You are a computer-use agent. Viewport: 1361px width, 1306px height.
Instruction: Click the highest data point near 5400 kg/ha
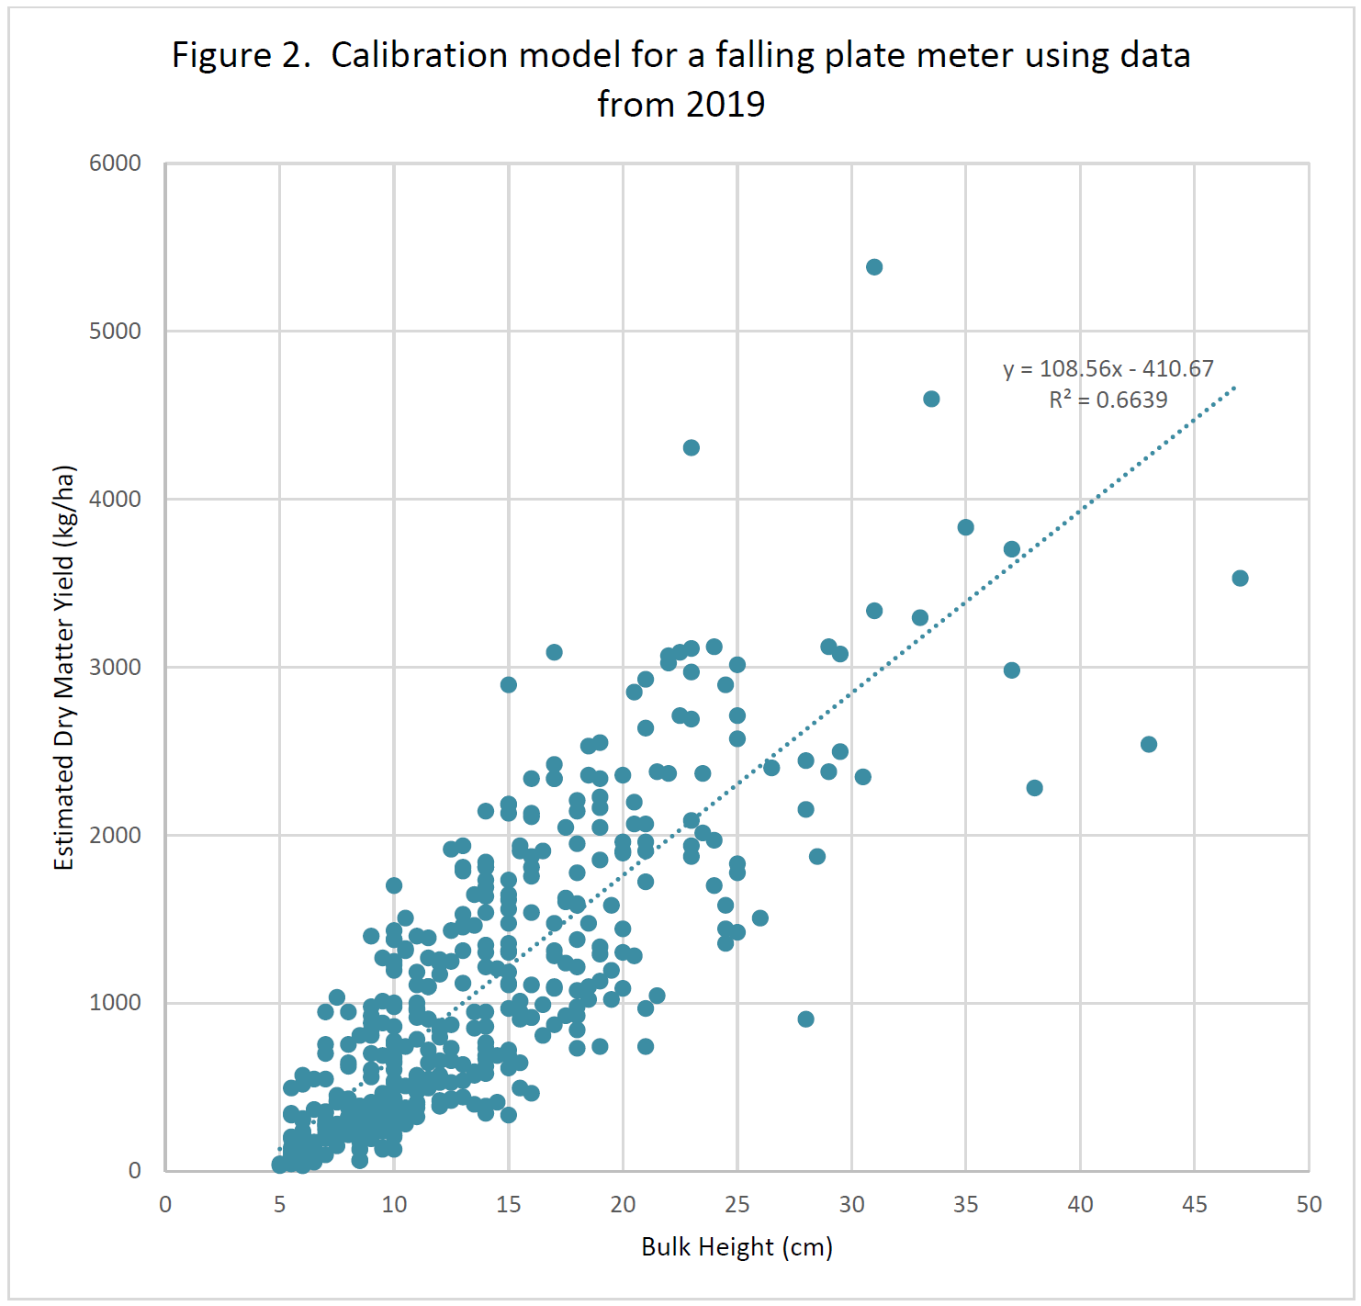[874, 267]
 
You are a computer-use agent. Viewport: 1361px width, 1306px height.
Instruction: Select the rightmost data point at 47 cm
[1240, 578]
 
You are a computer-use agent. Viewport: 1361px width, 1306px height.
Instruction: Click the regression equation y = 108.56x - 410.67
[1108, 369]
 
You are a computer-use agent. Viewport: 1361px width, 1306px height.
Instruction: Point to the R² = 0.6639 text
[1108, 400]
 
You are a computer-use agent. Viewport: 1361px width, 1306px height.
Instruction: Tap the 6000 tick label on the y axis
[115, 163]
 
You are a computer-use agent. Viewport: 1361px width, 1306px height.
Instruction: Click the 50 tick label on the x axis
[1309, 1205]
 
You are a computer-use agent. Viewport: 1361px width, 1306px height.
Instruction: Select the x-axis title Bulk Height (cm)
[737, 1247]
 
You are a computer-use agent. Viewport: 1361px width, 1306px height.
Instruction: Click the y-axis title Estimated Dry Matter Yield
[63, 668]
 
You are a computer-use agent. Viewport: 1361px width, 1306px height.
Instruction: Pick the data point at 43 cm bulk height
[1149, 744]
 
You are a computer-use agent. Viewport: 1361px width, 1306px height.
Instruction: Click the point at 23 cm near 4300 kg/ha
[692, 448]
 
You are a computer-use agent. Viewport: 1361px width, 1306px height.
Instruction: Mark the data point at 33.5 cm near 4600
[931, 399]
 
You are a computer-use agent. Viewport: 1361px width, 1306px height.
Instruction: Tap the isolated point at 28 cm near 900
[805, 1019]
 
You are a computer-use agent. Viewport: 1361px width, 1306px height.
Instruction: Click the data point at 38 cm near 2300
[1034, 788]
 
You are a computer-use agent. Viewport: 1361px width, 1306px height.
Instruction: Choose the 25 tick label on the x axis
[737, 1205]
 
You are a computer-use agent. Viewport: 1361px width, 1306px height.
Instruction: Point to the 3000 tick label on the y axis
[115, 668]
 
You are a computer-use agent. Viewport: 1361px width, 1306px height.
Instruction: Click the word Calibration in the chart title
[419, 56]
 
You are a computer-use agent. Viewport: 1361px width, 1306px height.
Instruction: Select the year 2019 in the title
[725, 105]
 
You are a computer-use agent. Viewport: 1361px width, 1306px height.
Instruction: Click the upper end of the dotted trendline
[1234, 388]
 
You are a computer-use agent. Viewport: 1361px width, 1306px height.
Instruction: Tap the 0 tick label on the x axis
[165, 1205]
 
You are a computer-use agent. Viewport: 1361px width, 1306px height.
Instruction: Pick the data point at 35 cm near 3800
[965, 527]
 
